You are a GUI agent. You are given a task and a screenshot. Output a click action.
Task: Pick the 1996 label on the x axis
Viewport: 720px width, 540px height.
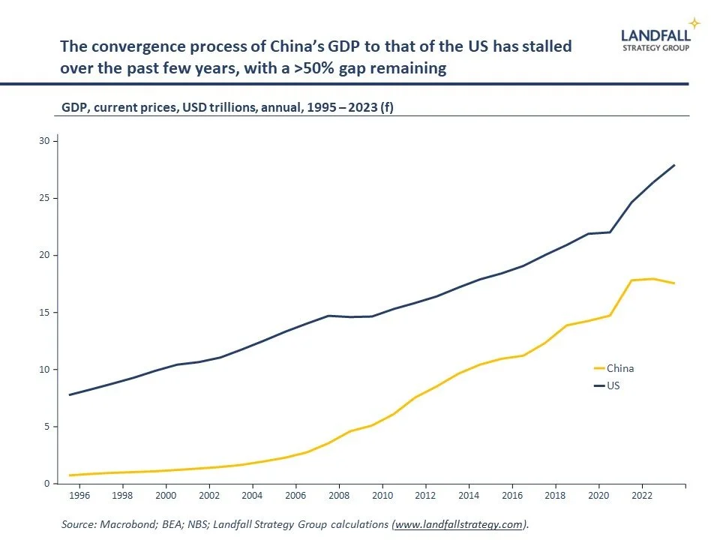pyautogui.click(x=79, y=496)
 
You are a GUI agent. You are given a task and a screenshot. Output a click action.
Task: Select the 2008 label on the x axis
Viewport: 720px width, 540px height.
pyautogui.click(x=339, y=496)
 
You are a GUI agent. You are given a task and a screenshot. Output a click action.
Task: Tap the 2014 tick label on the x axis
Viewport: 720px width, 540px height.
pyautogui.click(x=469, y=496)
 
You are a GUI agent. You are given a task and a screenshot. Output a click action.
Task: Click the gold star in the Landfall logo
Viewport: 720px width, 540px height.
pyautogui.click(x=694, y=23)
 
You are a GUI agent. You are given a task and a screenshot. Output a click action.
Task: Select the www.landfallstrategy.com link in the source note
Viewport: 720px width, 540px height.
pyautogui.click(x=458, y=525)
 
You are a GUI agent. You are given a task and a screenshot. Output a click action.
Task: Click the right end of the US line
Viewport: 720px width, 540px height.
pyautogui.click(x=675, y=165)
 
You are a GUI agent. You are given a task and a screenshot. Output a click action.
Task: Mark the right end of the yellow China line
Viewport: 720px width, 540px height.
pyautogui.click(x=675, y=283)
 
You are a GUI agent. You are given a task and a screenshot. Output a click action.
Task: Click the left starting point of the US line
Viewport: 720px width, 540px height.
pyautogui.click(x=69, y=394)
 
